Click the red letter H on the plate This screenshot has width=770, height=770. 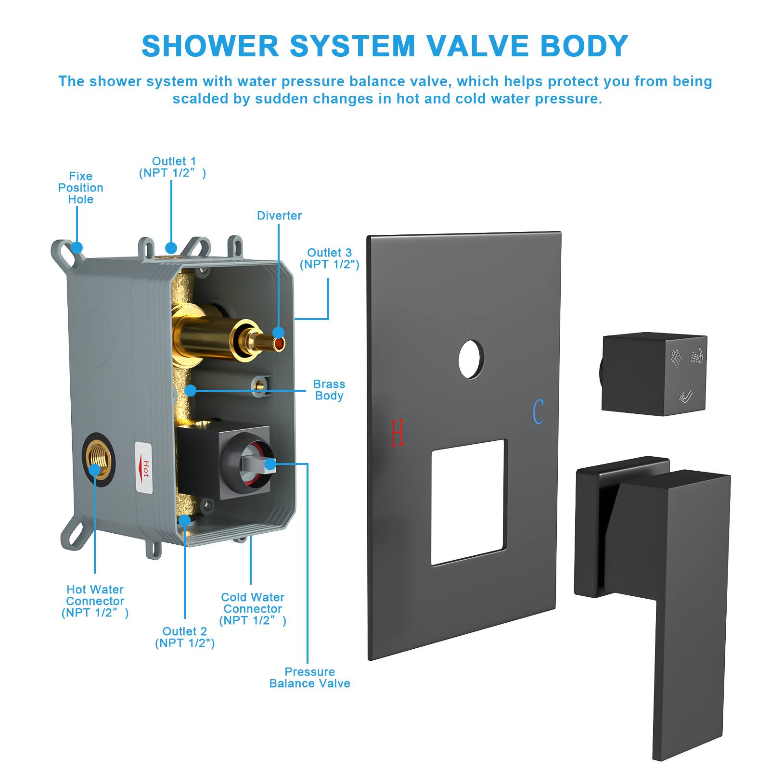[398, 432]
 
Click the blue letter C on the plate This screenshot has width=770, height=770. [538, 412]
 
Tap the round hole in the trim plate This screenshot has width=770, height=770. [471, 359]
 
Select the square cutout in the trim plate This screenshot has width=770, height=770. [469, 501]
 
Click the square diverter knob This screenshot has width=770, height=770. [654, 374]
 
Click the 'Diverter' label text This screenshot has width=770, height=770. [279, 216]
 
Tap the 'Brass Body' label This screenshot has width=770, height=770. [329, 390]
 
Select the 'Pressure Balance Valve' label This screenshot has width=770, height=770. [309, 678]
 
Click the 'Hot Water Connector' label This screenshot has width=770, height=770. [95, 601]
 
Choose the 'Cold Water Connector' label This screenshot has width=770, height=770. [253, 609]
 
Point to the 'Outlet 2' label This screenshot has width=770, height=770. [185, 637]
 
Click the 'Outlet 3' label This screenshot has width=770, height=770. [330, 258]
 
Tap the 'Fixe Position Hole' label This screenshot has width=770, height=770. [81, 188]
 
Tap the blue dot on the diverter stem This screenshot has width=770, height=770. [278, 333]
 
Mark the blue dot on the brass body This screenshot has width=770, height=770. [191, 390]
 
